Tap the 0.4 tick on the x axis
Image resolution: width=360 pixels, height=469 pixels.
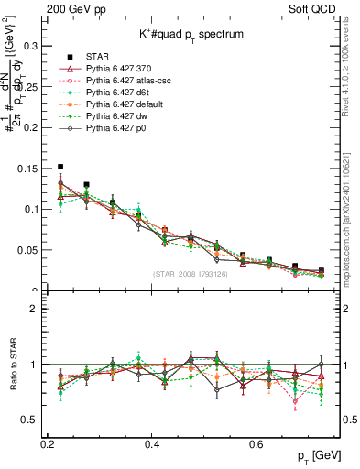tap(153, 443)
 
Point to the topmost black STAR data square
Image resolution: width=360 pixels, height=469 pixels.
tap(60, 167)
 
